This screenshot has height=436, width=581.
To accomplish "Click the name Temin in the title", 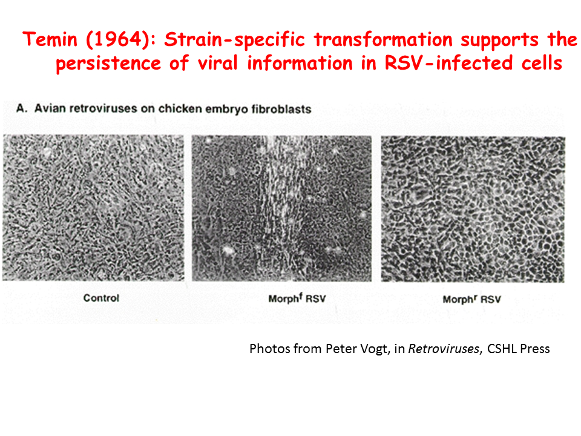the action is (x=50, y=39).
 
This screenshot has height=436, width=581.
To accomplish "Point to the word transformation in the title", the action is (x=384, y=39).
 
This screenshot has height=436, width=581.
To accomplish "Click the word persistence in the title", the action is (x=108, y=64).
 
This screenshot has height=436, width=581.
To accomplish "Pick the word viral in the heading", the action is (x=218, y=62).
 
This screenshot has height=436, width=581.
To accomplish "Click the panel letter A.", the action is (x=22, y=108).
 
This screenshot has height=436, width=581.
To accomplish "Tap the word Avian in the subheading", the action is (x=50, y=108).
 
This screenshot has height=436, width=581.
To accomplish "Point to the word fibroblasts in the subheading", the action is (x=281, y=109).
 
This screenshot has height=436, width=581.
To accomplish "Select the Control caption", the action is (x=101, y=298).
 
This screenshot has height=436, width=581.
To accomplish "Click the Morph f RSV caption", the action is (x=297, y=298).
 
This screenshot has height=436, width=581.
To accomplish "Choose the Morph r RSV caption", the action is (x=471, y=299).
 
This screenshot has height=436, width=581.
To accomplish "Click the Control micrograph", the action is (x=93, y=208).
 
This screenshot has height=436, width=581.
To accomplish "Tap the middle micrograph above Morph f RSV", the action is (x=281, y=208).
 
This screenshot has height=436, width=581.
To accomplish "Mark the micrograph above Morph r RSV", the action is (x=473, y=210).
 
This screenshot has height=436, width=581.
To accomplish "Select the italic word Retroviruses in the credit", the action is (x=444, y=349).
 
